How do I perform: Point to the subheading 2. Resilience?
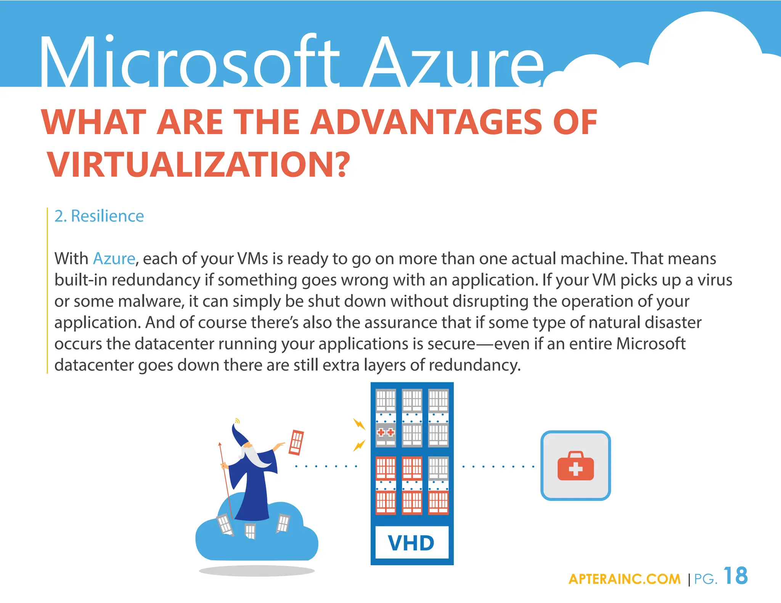click(x=99, y=216)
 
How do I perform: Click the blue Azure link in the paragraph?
click(x=114, y=258)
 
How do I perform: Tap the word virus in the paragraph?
click(x=715, y=280)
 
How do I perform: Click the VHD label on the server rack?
click(x=411, y=543)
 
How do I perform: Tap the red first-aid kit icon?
click(x=575, y=465)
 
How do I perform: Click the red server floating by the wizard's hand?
click(x=296, y=442)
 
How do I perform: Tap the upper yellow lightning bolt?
click(x=359, y=424)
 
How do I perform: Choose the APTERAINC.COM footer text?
click(x=624, y=579)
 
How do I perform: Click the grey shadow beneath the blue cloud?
click(x=257, y=571)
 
